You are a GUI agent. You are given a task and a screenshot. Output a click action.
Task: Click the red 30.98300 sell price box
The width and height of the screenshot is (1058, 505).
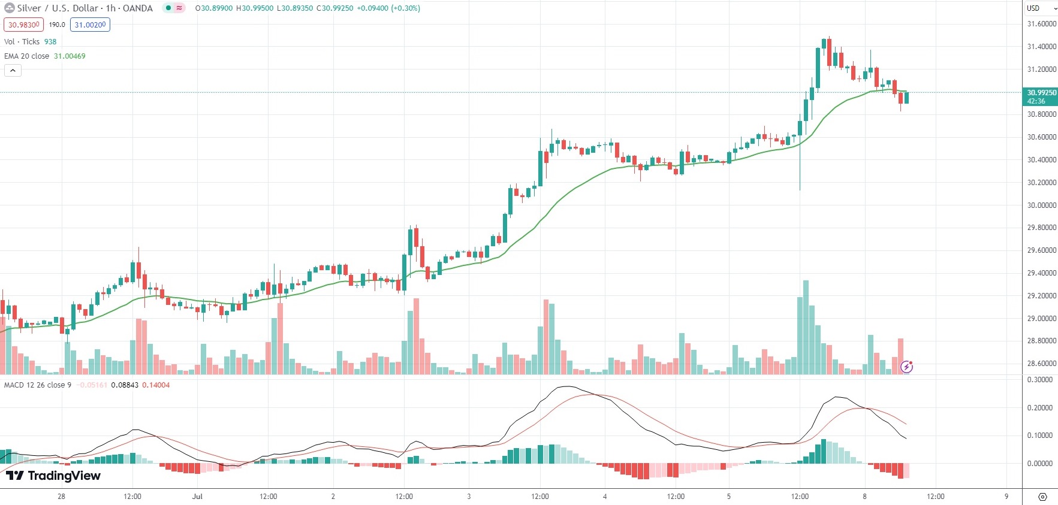(23, 25)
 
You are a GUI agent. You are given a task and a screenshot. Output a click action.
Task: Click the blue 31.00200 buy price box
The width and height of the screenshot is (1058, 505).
(90, 25)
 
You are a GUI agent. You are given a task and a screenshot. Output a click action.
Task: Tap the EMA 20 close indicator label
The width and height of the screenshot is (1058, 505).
(27, 56)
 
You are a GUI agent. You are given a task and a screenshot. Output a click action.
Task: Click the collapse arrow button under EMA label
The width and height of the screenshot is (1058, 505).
(13, 70)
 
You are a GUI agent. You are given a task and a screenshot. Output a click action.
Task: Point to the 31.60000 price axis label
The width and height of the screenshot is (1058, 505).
(1041, 24)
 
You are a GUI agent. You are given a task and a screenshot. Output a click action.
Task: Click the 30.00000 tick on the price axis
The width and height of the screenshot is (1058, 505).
(1041, 205)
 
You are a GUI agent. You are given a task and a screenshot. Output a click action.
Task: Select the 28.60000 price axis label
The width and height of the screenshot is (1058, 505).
(1041, 363)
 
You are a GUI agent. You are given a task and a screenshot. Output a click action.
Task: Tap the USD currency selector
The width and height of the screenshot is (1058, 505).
(1041, 8)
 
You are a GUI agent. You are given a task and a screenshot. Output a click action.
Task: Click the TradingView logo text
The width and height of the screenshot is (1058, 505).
(54, 476)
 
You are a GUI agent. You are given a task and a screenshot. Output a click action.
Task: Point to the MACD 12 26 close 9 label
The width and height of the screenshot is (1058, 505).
(38, 385)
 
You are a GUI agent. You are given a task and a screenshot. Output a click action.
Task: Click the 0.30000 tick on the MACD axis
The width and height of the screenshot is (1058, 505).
(1039, 380)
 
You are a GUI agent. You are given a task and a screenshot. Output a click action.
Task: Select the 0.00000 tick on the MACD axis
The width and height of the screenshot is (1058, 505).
(1039, 463)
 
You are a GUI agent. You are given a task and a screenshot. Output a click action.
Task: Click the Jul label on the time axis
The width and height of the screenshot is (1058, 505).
(197, 496)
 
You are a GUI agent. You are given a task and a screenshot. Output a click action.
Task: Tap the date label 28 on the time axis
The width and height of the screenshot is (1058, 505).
(61, 496)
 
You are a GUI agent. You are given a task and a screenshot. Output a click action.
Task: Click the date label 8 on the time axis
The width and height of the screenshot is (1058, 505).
(864, 496)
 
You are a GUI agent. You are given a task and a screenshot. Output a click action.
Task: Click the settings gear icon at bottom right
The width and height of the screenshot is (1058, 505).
(1042, 497)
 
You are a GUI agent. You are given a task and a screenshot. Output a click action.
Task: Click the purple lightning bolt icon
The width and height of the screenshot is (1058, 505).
(906, 367)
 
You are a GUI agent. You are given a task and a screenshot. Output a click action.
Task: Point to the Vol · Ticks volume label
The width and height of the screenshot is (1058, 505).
(22, 41)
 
